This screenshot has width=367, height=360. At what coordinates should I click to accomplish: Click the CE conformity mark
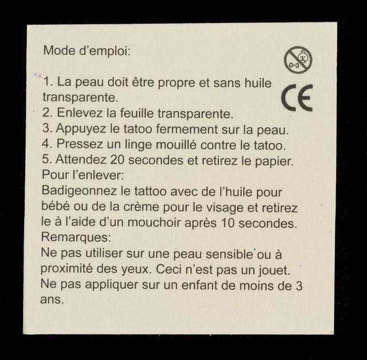(x=297, y=98)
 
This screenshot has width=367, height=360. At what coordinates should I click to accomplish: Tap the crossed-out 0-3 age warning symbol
(x=298, y=60)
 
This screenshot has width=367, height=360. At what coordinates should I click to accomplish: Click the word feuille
(x=136, y=113)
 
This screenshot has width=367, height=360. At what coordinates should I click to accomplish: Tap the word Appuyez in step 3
(x=81, y=129)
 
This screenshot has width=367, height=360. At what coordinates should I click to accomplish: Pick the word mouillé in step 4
(x=176, y=145)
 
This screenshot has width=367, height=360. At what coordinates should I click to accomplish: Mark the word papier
(x=274, y=161)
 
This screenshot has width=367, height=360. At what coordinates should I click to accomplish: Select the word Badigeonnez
(x=79, y=192)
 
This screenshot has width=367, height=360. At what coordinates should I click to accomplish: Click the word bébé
(x=56, y=206)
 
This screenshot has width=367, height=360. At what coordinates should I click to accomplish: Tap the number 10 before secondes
(x=228, y=223)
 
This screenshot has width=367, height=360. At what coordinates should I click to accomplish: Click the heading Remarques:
(x=76, y=237)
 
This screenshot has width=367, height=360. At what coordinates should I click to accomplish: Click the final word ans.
(x=52, y=299)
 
